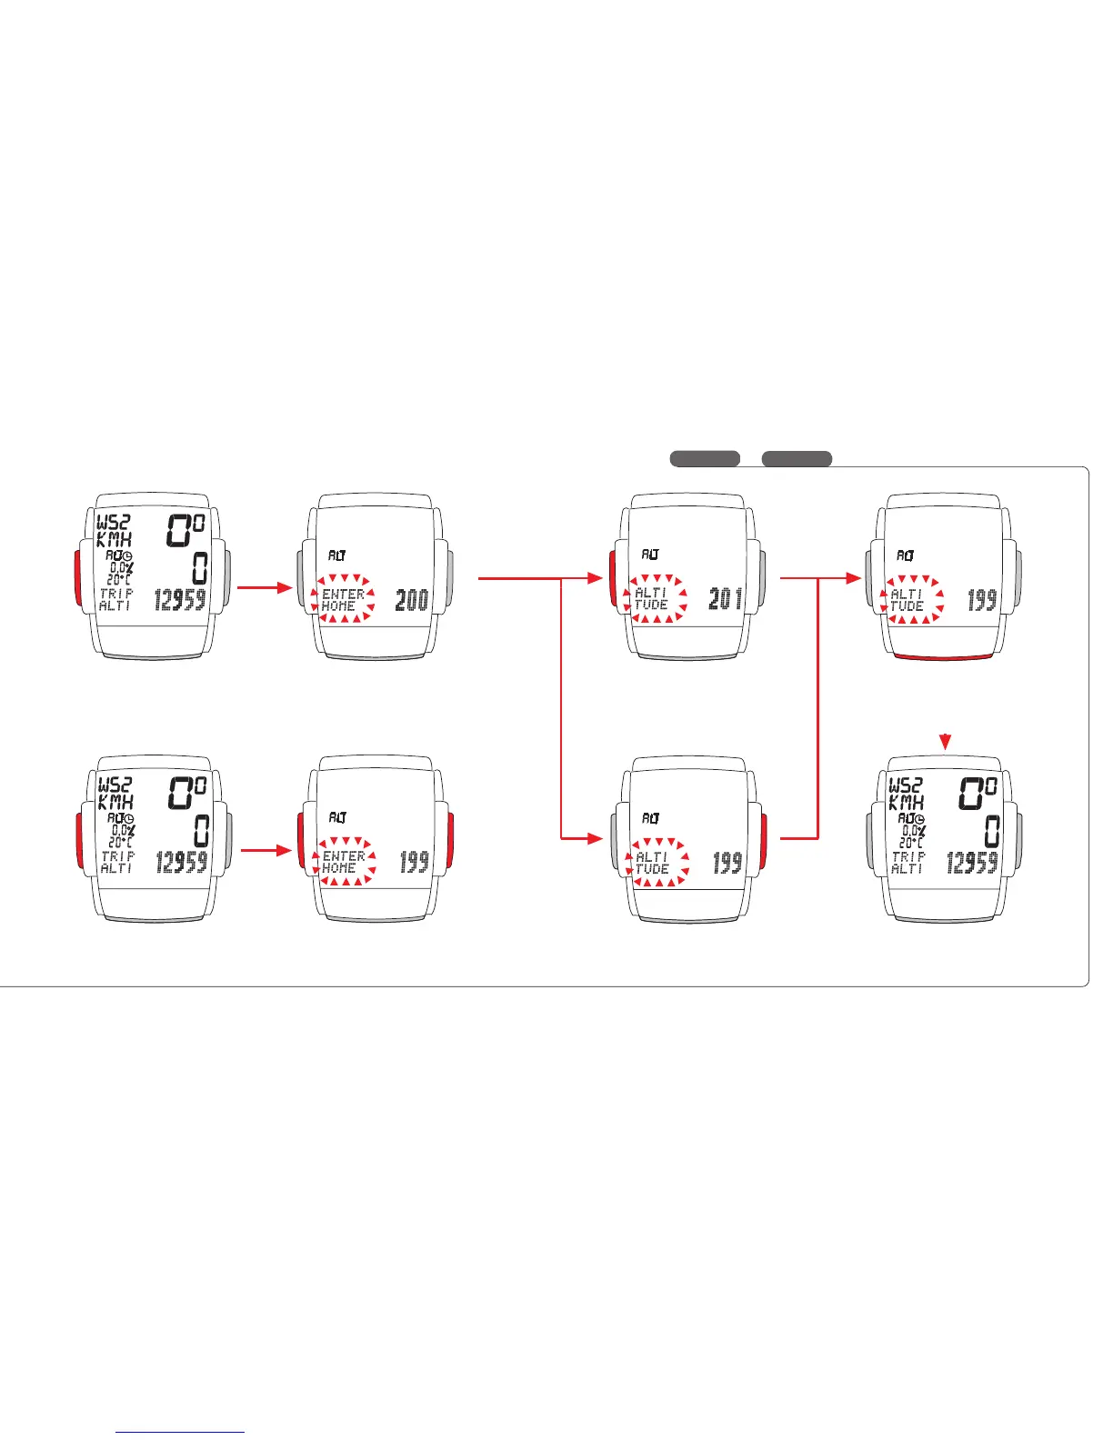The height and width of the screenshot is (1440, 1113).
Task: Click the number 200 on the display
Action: point(411,600)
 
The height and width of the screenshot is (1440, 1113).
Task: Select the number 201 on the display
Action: point(725,599)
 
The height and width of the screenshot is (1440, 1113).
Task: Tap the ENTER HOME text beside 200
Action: point(343,600)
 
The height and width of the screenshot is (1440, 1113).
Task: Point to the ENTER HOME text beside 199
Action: point(343,862)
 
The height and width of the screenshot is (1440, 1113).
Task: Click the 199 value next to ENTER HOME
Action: point(414,862)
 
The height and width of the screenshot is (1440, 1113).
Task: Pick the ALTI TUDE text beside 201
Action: point(651,599)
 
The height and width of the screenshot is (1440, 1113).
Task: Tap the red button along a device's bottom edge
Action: point(943,656)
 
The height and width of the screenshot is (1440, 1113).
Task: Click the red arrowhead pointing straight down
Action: point(947,743)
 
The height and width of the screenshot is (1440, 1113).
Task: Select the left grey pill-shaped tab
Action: point(705,459)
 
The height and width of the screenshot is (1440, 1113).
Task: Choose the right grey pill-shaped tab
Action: point(797,459)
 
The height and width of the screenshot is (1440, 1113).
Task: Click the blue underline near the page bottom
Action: point(181,1432)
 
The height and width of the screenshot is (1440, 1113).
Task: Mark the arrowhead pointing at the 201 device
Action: point(597,577)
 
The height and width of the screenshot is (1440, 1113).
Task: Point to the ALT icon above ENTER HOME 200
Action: point(336,555)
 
